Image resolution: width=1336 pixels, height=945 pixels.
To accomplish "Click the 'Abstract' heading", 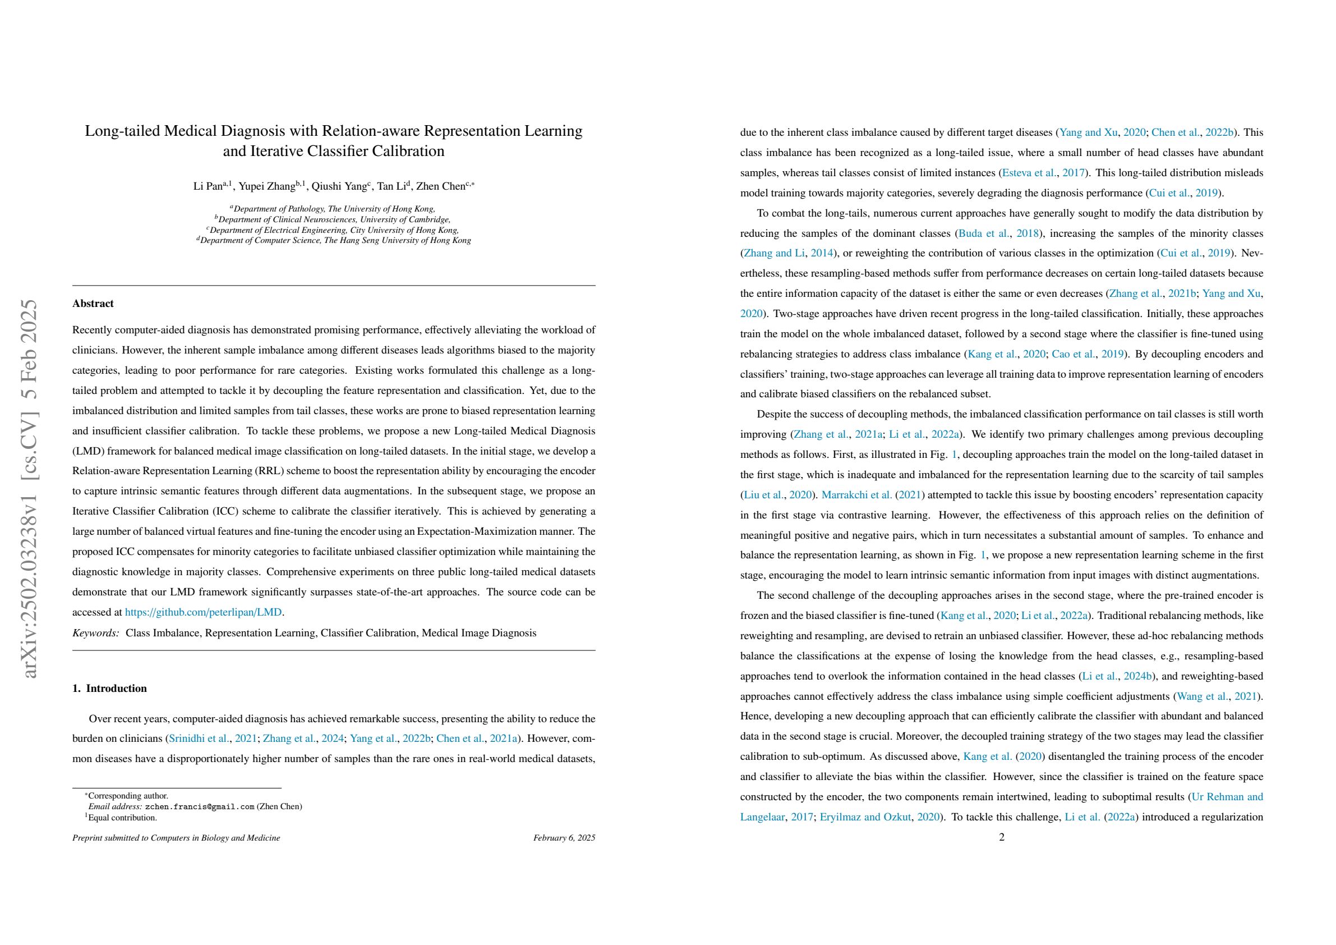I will [x=93, y=304].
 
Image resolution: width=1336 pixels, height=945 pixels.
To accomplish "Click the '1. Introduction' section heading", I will [x=109, y=688].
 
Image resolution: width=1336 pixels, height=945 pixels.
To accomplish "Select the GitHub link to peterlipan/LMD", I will [x=203, y=612].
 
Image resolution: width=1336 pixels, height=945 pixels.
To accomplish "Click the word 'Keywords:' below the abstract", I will [x=95, y=632].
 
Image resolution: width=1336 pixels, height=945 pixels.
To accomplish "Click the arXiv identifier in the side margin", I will [x=30, y=489].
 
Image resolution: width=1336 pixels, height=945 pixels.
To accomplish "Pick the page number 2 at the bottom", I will [x=1001, y=837].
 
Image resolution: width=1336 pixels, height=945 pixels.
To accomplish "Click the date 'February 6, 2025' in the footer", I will [x=564, y=838].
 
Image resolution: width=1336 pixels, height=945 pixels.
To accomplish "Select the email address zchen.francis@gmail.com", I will [x=200, y=806].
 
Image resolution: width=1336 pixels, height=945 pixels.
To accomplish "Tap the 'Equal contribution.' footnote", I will [x=123, y=818].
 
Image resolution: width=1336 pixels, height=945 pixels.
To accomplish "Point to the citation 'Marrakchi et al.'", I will [x=856, y=495].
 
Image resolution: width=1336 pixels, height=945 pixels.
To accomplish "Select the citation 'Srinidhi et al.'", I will [x=199, y=739].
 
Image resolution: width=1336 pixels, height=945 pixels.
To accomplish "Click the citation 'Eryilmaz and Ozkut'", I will [x=865, y=817].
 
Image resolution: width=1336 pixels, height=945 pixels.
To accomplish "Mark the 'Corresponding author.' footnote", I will [x=128, y=796].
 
